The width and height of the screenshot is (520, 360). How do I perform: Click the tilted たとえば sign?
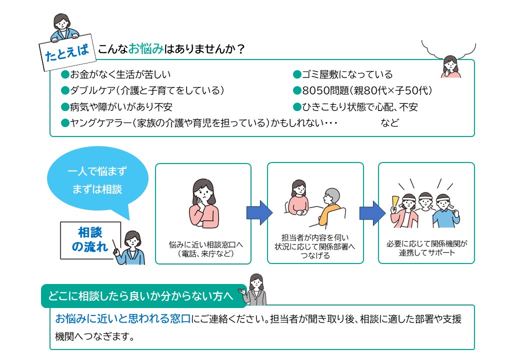67,52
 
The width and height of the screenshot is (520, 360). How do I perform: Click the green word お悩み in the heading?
145,49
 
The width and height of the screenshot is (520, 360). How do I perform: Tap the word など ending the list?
389,123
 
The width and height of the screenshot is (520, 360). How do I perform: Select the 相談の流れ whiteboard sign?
90,240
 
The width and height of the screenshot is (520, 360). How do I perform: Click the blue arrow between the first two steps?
259,212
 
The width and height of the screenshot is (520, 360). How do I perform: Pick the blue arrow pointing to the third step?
372,213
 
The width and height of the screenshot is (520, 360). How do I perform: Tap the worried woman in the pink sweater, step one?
203,203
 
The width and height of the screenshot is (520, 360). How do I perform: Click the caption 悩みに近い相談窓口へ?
205,244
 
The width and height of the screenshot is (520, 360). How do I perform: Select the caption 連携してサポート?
427,253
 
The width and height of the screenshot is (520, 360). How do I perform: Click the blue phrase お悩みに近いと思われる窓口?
122,318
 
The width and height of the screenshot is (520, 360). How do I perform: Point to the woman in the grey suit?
255,289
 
